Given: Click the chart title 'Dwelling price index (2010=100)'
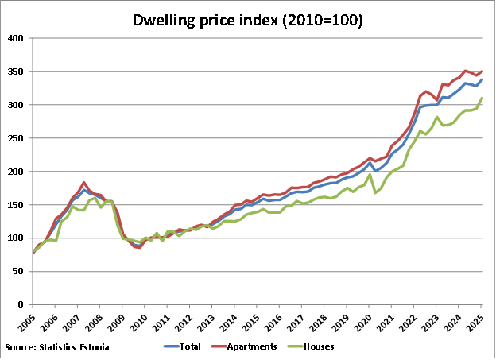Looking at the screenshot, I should [x=247, y=20].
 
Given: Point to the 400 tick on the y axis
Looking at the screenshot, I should [x=16, y=38].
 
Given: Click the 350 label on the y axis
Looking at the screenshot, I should [x=16, y=72].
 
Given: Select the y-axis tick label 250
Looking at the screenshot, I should [x=16, y=138].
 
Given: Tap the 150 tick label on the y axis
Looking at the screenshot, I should [x=16, y=205].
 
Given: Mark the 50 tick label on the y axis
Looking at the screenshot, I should [x=18, y=271].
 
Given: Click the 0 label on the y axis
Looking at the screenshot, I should [x=21, y=304].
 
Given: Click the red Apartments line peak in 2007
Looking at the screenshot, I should [x=84, y=183].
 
